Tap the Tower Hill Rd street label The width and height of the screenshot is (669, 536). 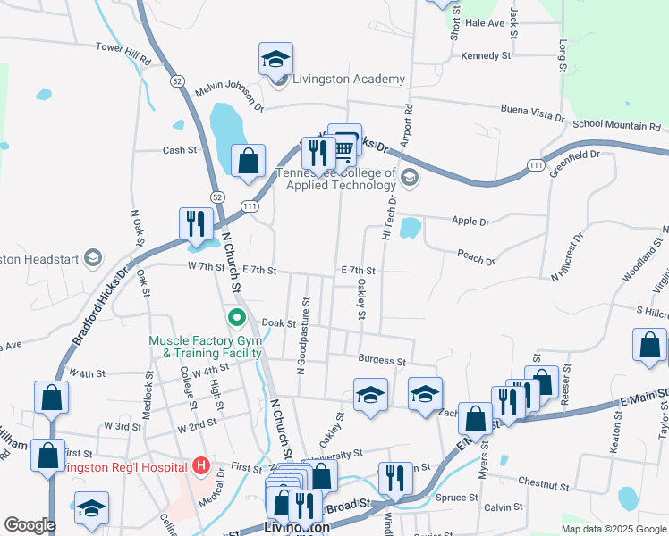[x=123, y=53]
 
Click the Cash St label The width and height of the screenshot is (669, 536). [x=179, y=150]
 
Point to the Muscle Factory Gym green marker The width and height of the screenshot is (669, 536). [x=236, y=317]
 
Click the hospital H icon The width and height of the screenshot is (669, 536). [x=200, y=466]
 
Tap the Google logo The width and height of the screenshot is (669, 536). [x=30, y=525]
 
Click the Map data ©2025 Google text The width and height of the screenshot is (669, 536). [x=613, y=529]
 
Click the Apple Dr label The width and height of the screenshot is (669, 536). [x=471, y=221]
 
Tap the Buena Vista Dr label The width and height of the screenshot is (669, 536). [x=532, y=114]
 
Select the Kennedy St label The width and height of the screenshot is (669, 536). [x=486, y=55]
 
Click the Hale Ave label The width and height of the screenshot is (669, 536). [x=485, y=23]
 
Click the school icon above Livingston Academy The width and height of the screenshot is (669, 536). [x=275, y=60]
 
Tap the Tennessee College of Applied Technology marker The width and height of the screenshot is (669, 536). [x=410, y=177]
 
